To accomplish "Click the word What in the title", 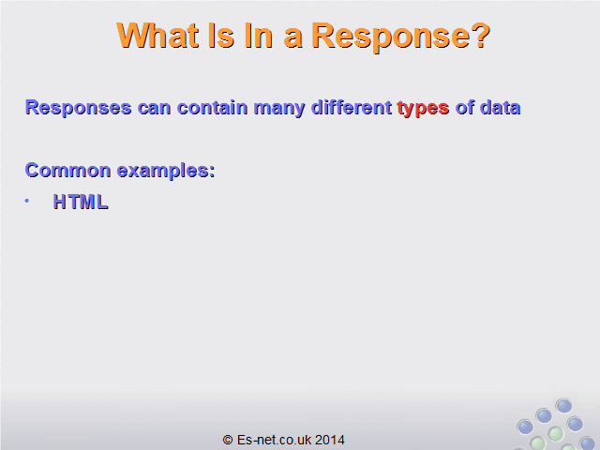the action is point(157,36).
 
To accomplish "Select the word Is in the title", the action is point(221,36).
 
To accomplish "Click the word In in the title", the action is point(259,36).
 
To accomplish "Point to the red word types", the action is point(423,109).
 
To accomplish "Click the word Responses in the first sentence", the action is point(79,109).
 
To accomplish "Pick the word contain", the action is point(213,107).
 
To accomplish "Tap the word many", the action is point(279,109).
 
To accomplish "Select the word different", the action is point(352,107).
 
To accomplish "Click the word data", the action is point(500,107).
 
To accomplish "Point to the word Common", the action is point(67,170).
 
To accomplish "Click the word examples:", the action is point(166,171).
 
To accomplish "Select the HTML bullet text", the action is point(81,202).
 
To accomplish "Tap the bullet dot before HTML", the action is point(27,201).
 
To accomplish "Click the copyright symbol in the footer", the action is point(228,440).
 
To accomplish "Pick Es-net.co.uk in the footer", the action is point(274,440).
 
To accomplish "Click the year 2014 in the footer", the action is point(330,440).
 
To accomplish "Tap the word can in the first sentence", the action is point(154,109).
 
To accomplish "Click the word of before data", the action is point(465,107).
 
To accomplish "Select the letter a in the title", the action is point(292,38).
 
